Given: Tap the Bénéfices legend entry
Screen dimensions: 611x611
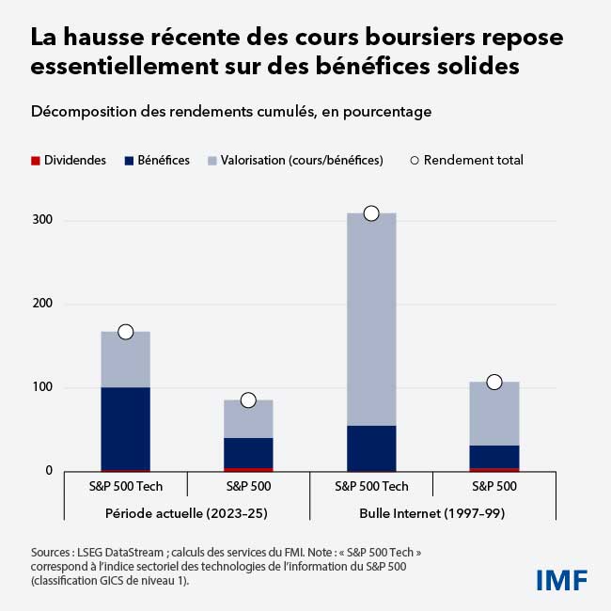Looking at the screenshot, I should pos(157,160).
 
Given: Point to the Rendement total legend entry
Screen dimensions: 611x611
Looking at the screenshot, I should pos(466,160).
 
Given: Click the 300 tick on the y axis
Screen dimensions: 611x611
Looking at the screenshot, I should pos(43,221).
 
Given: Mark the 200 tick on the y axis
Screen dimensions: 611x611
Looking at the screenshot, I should pos(43,305).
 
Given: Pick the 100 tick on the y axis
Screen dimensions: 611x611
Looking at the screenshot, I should pos(43,387).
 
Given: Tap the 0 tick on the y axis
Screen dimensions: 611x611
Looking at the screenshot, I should pos(47,471).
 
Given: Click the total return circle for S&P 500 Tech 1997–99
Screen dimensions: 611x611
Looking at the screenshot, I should pos(371,213).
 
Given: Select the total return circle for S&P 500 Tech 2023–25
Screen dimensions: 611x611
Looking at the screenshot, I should pos(125,332).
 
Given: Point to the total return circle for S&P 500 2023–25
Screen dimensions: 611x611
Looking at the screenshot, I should pos(248,400).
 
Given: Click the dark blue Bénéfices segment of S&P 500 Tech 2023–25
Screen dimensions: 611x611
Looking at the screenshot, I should pos(125,428).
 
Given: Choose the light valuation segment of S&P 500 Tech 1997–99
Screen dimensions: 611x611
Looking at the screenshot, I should pos(371,320).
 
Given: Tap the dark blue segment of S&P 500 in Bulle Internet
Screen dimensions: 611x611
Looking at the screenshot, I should pos(494,456).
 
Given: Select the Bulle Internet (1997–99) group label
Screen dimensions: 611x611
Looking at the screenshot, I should pos(432,513).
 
